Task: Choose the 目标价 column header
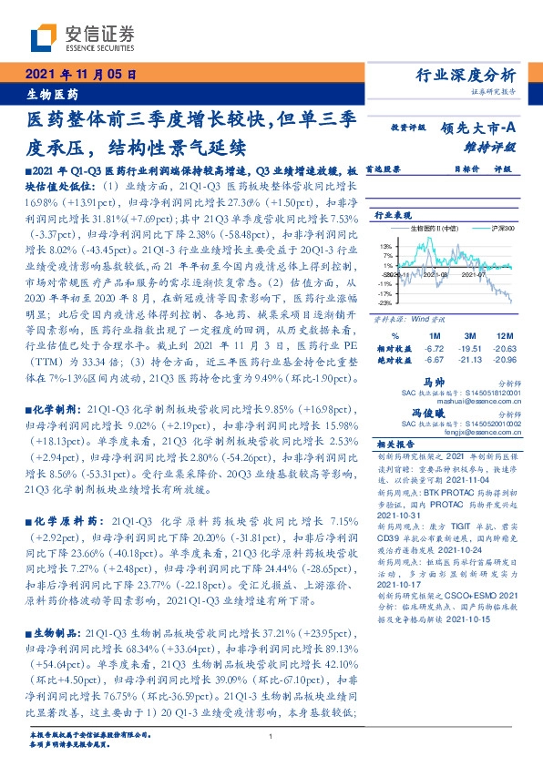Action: point(466,169)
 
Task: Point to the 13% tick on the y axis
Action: point(386,246)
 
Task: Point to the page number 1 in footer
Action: point(271,735)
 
